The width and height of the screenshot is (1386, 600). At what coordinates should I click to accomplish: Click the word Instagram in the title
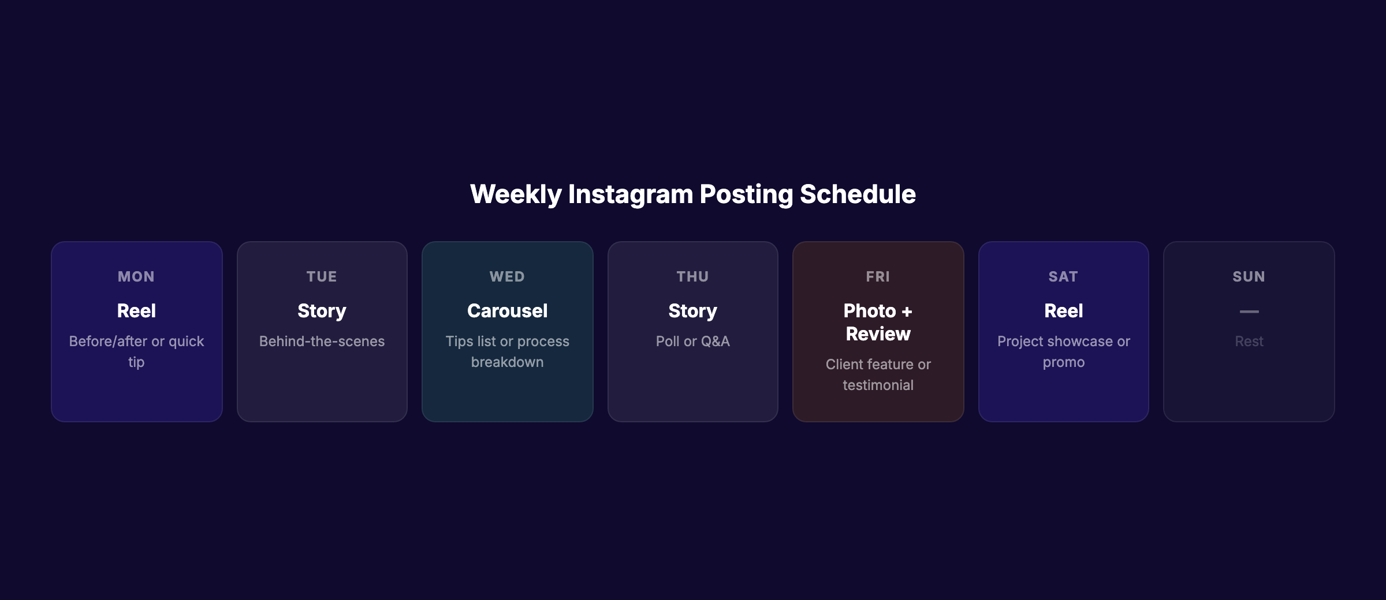pos(630,194)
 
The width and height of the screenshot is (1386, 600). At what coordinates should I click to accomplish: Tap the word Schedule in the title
pos(858,194)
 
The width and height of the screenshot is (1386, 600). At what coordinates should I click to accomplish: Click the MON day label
pos(136,277)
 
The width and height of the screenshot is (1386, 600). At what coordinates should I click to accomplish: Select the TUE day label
pos(322,277)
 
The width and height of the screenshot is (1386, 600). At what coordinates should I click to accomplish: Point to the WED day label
pos(507,277)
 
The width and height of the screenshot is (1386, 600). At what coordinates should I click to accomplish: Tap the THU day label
pos(692,277)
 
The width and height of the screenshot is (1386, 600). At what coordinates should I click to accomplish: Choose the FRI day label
pos(878,277)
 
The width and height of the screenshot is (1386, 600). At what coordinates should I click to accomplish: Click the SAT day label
pos(1063,277)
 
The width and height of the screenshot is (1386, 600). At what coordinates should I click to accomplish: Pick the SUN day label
pos(1249,277)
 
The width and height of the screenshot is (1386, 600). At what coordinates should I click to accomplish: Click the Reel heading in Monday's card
pos(136,311)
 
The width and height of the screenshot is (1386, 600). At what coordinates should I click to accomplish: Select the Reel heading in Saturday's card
pos(1063,311)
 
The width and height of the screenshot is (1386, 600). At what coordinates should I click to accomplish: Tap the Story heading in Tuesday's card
pos(322,311)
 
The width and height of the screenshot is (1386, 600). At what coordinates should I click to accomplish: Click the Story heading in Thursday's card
pos(692,311)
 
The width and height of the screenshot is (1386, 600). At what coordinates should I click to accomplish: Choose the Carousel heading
pos(507,311)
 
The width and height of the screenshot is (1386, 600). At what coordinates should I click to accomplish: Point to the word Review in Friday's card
pos(878,334)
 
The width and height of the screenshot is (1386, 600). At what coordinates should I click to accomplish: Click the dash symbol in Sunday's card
pos(1249,312)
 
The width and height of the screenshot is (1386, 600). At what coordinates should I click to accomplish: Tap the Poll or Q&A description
pos(692,342)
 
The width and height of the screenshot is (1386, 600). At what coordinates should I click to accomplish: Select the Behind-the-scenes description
pos(322,342)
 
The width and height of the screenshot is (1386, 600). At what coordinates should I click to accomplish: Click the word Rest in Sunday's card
pos(1249,342)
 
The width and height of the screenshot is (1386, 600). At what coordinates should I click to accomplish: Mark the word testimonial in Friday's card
pos(878,385)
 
